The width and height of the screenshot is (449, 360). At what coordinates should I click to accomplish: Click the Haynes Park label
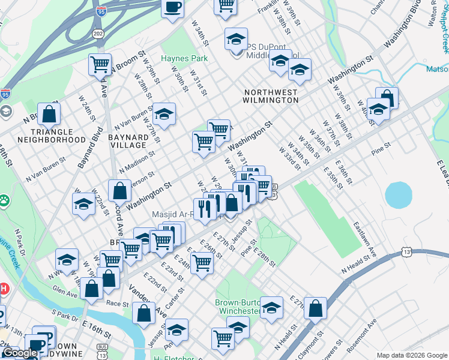coord(184,59)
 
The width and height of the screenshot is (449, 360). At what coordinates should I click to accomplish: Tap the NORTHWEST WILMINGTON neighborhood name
coord(271,97)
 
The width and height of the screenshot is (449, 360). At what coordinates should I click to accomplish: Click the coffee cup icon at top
coord(173,7)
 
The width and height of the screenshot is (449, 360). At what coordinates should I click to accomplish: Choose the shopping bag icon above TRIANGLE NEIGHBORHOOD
coord(49,113)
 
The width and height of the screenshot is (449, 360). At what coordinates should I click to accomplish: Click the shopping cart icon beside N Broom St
coord(100,64)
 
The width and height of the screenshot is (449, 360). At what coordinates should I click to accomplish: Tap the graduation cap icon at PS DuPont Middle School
coord(236,39)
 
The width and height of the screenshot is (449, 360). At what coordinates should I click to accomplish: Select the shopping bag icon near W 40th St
coord(387,98)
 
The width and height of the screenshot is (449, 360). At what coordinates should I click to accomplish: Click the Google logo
coord(20,353)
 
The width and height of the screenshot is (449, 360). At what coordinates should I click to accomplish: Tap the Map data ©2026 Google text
coord(411,355)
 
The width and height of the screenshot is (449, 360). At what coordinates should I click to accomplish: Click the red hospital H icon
coord(4,289)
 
